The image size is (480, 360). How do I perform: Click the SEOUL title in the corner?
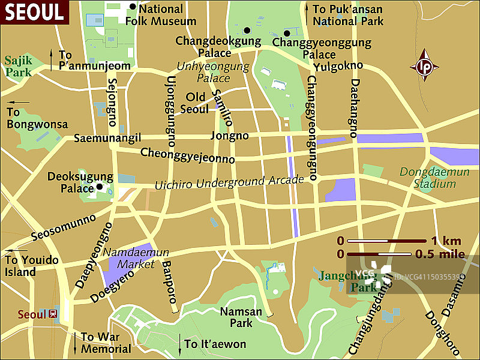click(x=35, y=11)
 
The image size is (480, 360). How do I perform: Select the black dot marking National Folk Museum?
click(x=132, y=7)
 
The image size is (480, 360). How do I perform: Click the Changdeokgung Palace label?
click(x=218, y=47)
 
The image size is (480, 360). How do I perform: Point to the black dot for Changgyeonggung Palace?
click(x=287, y=33)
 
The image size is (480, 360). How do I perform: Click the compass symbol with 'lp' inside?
click(x=425, y=67)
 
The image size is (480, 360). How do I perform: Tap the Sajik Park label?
click(x=19, y=67)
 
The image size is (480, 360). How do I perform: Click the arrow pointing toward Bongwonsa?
click(x=18, y=102)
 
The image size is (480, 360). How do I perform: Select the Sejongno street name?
click(x=112, y=101)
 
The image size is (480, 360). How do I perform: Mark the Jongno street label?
click(x=229, y=136)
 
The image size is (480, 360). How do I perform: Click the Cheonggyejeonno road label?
click(x=187, y=156)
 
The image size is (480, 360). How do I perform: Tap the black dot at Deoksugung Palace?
click(x=100, y=187)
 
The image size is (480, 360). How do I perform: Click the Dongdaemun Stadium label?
click(x=427, y=178)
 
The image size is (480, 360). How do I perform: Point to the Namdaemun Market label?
click(x=136, y=258)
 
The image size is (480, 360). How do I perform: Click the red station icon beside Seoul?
click(x=53, y=314)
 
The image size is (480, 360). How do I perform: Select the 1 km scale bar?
click(x=388, y=241)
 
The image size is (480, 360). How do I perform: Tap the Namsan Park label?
click(x=241, y=317)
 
